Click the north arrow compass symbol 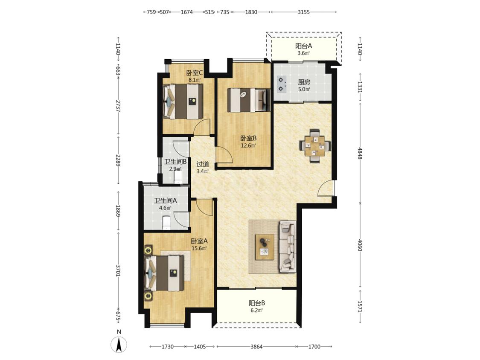(119, 344)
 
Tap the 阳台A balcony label (304, 46)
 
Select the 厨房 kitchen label (304, 82)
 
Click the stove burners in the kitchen (282, 84)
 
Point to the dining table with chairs (315, 146)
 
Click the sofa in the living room (288, 247)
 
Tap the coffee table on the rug (265, 247)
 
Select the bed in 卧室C (183, 102)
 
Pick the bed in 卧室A (165, 273)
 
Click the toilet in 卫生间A (166, 223)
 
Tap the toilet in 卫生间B (178, 177)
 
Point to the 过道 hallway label (203, 164)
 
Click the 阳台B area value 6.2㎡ (256, 311)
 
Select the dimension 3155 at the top (304, 12)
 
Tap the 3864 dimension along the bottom (256, 346)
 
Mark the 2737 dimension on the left (118, 105)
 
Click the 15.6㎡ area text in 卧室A (199, 248)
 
